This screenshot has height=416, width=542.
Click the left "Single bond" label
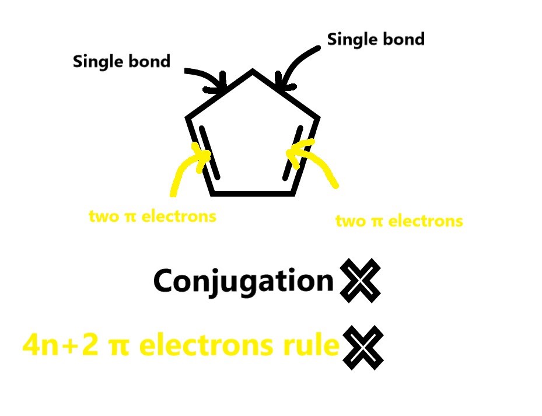pos(121,61)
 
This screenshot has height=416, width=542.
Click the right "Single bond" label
pos(375,40)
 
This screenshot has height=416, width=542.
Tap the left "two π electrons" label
pos(152,216)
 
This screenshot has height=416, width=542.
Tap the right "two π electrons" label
pos(399,221)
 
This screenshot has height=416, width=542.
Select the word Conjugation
pos(243,281)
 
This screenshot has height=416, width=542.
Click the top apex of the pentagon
pos(253,71)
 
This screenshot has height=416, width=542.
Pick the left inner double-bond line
pos(211,152)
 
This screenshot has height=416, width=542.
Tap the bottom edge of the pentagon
pos(251,192)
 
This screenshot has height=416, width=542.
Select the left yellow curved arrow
pos(184,170)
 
